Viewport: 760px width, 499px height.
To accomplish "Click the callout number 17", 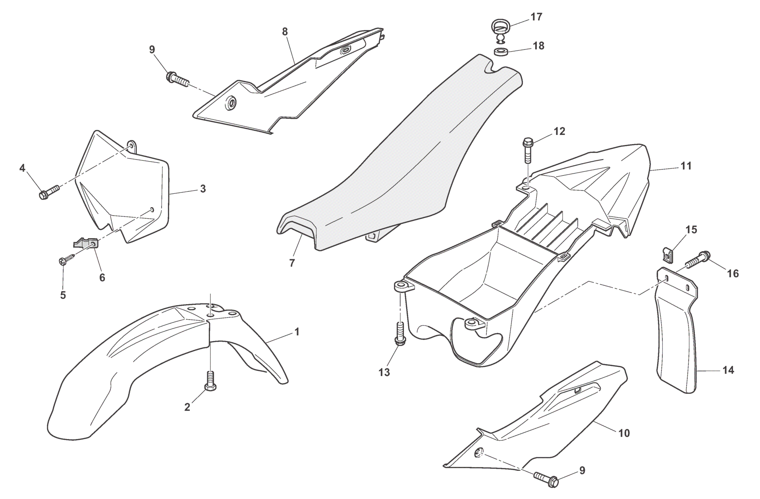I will point(536,17).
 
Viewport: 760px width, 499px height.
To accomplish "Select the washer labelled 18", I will point(502,52).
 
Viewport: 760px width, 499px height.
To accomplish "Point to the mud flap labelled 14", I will point(677,341).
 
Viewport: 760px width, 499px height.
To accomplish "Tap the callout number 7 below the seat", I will point(292,263).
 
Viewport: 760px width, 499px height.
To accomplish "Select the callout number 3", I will point(203,189).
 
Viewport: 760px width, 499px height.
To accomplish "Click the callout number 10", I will point(624,433).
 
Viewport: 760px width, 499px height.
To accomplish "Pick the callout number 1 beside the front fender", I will point(297,331).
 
